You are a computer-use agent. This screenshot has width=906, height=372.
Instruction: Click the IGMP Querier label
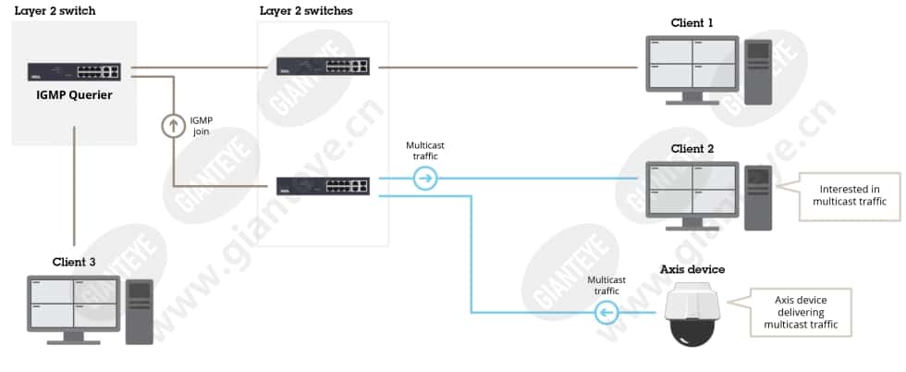(x=74, y=95)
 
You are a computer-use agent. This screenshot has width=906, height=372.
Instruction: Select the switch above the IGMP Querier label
(x=74, y=72)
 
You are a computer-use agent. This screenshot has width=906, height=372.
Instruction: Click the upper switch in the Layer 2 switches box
(x=323, y=66)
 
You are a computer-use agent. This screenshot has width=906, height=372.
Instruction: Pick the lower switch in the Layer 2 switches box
(x=323, y=186)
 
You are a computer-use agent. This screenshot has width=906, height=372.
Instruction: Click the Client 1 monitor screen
(x=692, y=64)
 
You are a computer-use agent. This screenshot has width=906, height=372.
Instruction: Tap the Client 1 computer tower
(x=758, y=72)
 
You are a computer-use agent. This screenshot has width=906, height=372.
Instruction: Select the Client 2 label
(x=692, y=149)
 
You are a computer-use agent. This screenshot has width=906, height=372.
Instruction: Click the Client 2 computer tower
(x=758, y=197)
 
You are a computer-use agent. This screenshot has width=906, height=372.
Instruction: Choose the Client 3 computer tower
(x=140, y=312)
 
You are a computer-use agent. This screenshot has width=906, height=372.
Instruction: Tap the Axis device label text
(x=692, y=269)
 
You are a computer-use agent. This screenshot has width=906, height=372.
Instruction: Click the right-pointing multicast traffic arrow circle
(x=425, y=179)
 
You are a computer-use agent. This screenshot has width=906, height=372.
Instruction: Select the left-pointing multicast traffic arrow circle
(x=606, y=313)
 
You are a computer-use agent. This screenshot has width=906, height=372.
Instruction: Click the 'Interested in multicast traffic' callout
(x=849, y=195)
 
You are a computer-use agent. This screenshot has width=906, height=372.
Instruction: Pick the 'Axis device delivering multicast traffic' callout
(x=801, y=313)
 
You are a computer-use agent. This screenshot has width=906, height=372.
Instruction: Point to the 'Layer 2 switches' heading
(x=306, y=10)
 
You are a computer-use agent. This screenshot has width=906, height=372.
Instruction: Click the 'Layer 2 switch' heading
(x=55, y=10)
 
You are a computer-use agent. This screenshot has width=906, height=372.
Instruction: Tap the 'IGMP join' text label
(x=202, y=126)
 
